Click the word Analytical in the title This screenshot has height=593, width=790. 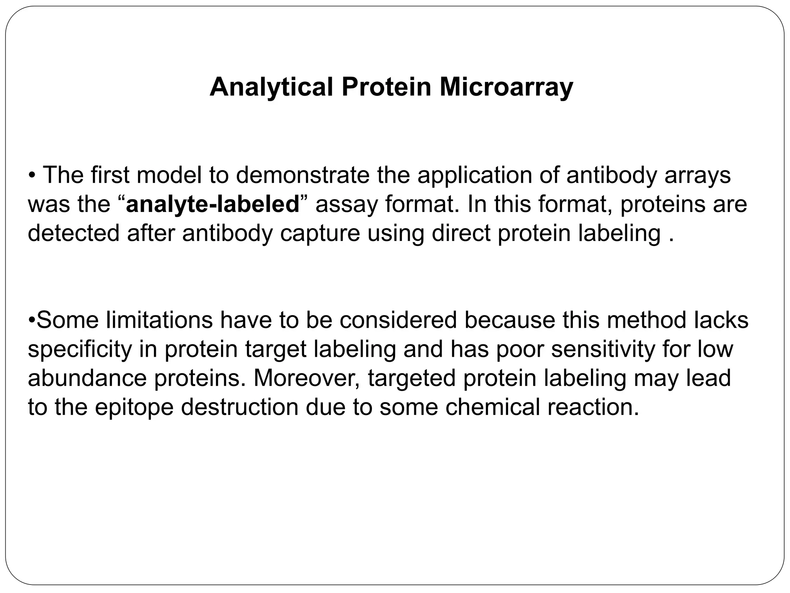[271, 87]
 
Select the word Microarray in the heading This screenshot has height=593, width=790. [506, 87]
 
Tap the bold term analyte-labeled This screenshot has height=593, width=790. [213, 204]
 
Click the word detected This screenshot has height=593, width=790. [74, 233]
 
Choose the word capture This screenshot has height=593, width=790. [320, 234]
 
